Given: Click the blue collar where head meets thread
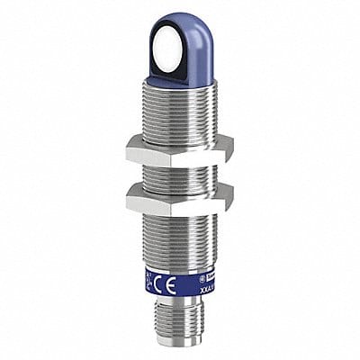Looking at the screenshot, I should pos(176,76).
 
